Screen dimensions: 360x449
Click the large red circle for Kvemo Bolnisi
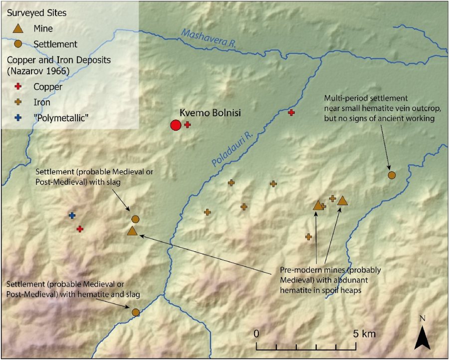click(175, 125)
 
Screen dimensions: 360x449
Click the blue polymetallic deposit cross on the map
click(72, 215)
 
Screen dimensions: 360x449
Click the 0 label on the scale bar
click(256, 334)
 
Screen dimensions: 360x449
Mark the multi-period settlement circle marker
click(392, 175)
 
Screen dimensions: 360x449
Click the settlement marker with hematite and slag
click(135, 312)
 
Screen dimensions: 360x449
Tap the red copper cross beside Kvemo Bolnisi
click(187, 125)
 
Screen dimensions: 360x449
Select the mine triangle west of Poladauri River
click(132, 231)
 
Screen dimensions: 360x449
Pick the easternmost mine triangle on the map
click(342, 201)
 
